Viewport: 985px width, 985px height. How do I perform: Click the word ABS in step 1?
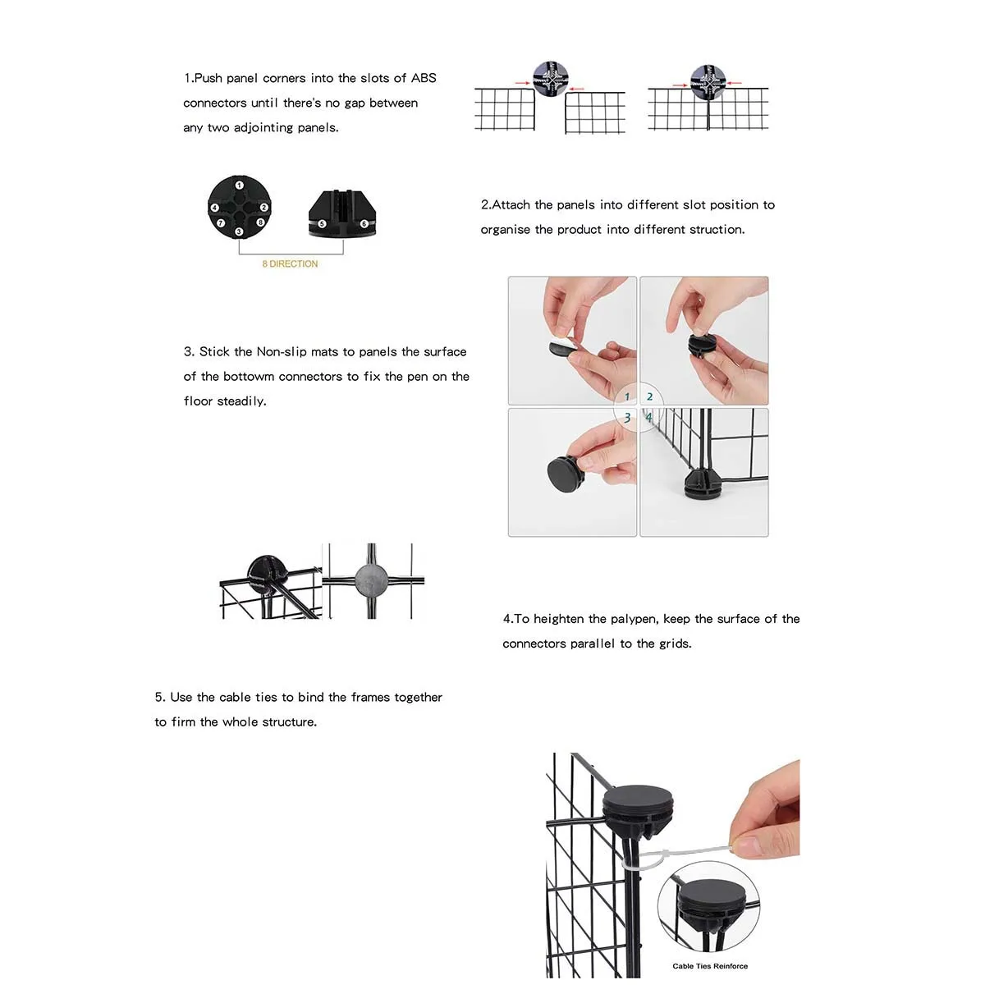coord(424,78)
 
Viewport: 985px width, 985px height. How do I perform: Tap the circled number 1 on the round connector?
coord(239,186)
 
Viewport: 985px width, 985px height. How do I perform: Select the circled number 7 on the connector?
coord(220,222)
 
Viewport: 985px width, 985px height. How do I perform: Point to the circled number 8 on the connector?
coord(260,222)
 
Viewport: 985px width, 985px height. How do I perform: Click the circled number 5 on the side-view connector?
coord(322,223)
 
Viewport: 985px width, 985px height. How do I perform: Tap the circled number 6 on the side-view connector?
coord(364,223)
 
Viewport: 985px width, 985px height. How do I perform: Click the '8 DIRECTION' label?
coord(290,263)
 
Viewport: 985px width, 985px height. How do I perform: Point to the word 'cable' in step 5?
coord(236,697)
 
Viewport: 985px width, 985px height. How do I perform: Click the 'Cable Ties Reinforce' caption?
coord(710,966)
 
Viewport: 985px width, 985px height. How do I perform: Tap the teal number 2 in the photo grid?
coord(649,396)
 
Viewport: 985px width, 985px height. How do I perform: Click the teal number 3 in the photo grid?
coord(627,418)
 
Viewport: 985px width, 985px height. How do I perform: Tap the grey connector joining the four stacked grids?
coord(371,580)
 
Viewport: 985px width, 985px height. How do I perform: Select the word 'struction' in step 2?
coord(717,229)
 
